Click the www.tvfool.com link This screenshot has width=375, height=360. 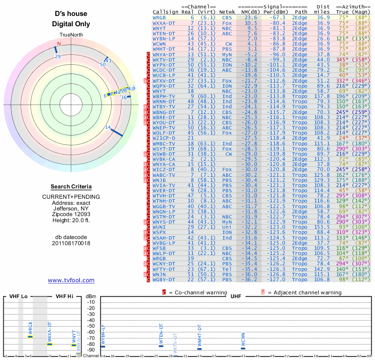click(71, 280)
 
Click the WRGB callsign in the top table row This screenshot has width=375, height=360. click(159, 17)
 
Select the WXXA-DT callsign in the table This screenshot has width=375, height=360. click(164, 22)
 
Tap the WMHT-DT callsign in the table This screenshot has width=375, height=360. click(164, 49)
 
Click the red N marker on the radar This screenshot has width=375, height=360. click(59, 44)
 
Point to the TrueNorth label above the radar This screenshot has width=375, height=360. click(71, 36)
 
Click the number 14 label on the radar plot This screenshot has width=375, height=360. click(108, 127)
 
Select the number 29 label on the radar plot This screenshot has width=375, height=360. click(58, 56)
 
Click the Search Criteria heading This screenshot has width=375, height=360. click(71, 187)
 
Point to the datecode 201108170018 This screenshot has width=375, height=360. click(71, 243)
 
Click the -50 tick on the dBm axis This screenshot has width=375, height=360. click(90, 326)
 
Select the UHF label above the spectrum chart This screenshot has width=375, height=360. click(236, 297)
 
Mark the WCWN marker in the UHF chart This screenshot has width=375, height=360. click(243, 347)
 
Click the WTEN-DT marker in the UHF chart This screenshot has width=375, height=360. click(161, 345)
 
